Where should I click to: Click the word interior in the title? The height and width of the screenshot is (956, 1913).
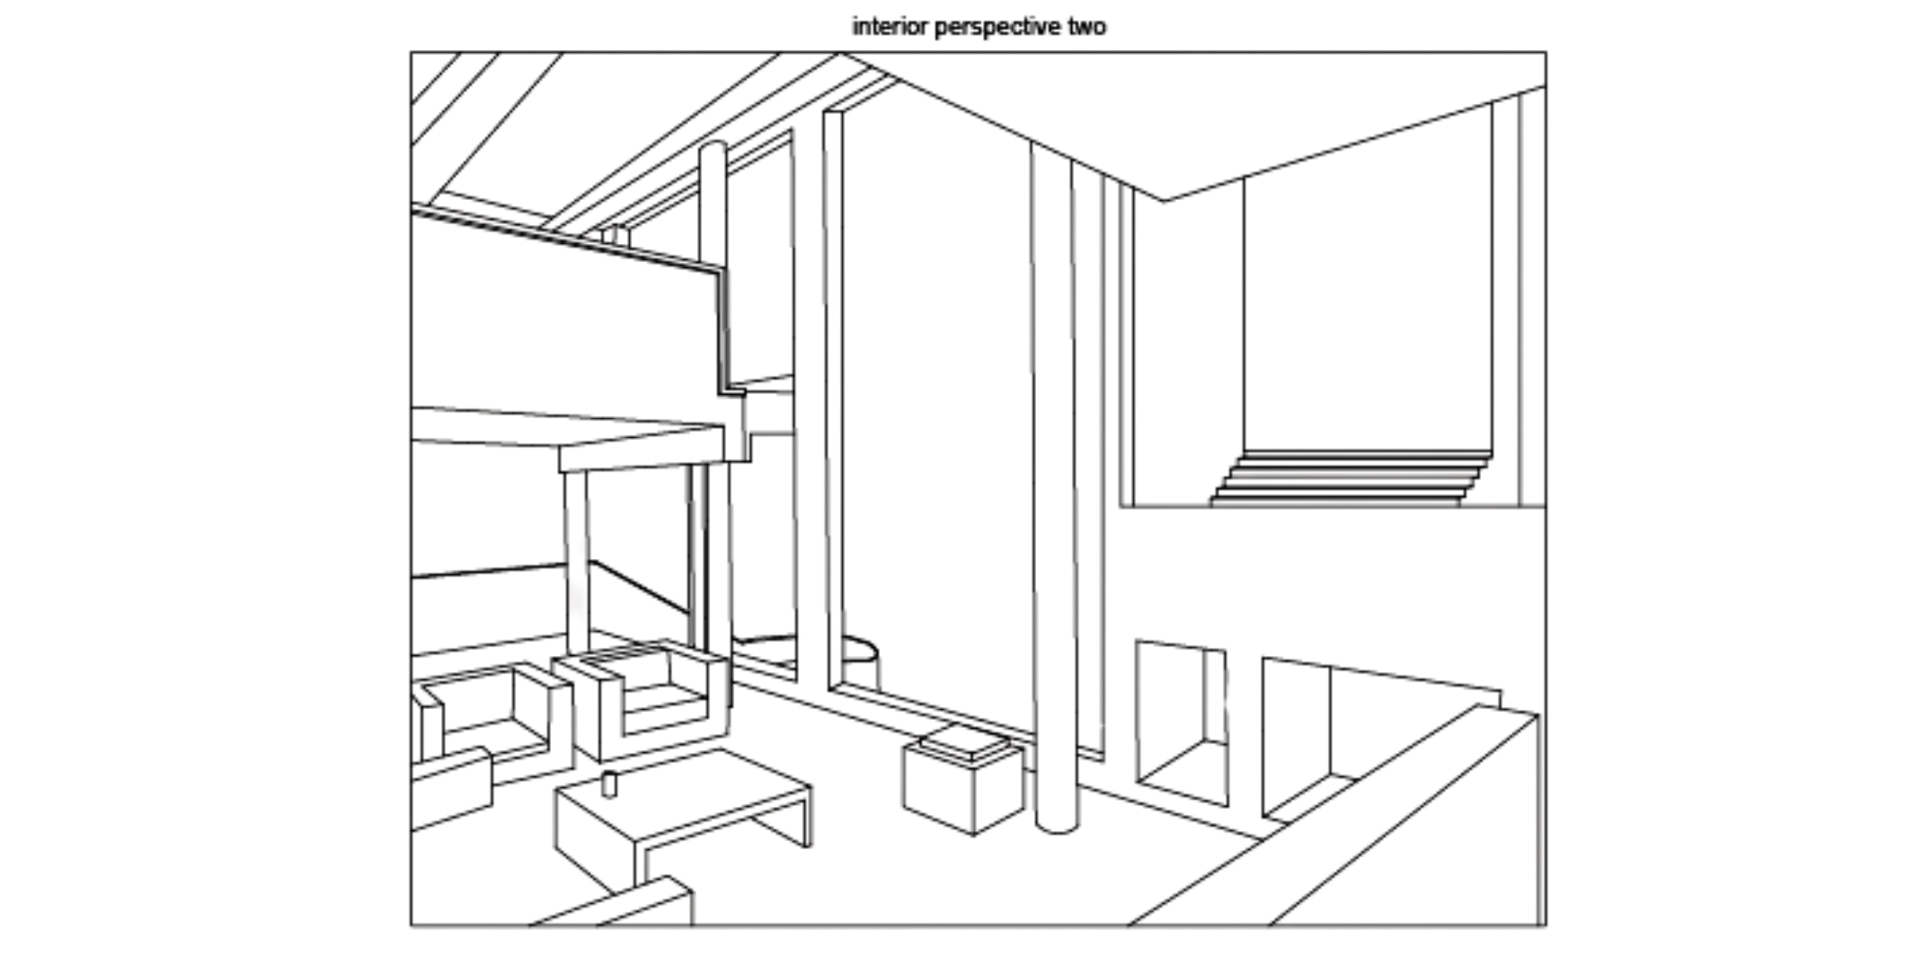[x=891, y=27]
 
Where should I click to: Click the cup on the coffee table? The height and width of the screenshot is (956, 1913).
[x=609, y=784]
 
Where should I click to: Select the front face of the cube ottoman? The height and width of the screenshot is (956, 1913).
[x=938, y=789]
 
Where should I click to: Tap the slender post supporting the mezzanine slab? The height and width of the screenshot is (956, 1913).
[x=576, y=561]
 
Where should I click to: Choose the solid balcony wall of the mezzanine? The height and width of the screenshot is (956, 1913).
[x=565, y=318]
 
